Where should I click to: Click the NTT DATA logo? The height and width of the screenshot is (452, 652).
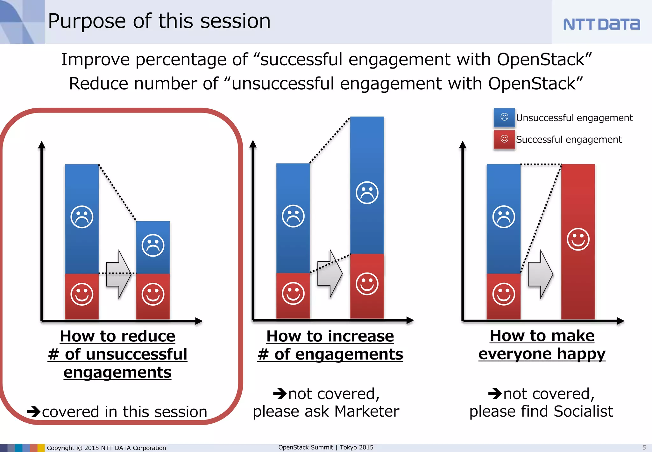pyautogui.click(x=601, y=24)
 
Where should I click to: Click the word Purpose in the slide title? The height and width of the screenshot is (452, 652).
pyautogui.click(x=87, y=22)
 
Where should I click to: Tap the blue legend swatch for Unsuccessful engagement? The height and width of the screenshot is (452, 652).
pyautogui.click(x=504, y=117)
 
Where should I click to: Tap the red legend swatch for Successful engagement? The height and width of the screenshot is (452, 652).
pyautogui.click(x=504, y=139)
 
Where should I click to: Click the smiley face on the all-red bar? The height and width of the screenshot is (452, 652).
pyautogui.click(x=578, y=239)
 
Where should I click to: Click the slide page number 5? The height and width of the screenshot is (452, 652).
pyautogui.click(x=644, y=448)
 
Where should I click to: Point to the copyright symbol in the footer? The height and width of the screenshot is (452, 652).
pyautogui.click(x=79, y=448)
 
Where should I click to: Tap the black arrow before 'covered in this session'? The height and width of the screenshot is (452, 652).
pyautogui.click(x=33, y=412)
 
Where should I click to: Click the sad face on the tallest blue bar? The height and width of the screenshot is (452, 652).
pyautogui.click(x=367, y=193)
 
